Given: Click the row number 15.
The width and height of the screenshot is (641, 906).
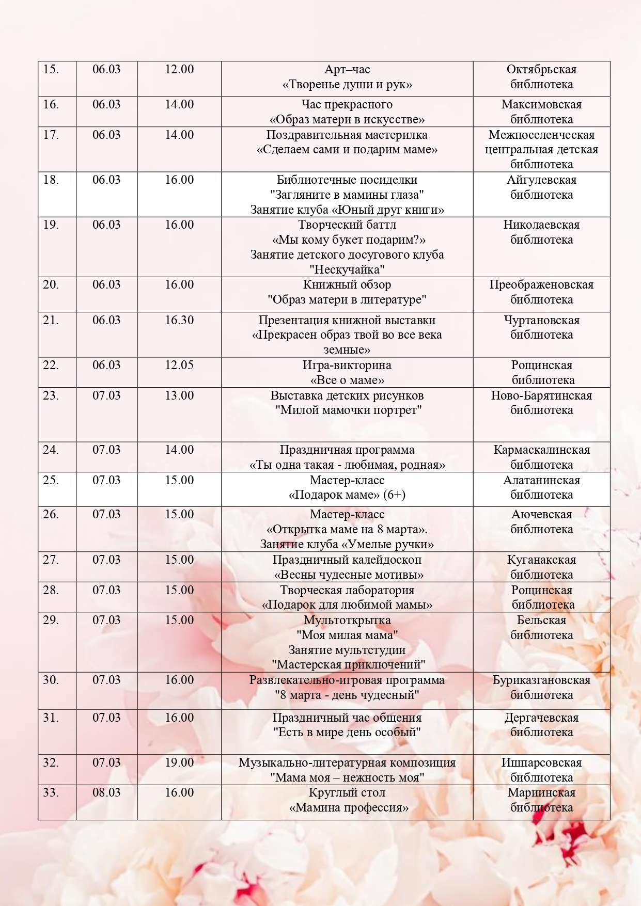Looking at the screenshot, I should click(51, 70).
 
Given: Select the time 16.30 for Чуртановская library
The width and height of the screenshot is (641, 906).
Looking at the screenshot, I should click(179, 320).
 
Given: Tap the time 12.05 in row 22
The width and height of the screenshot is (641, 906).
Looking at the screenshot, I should click(179, 365).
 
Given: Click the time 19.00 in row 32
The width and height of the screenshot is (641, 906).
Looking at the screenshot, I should click(179, 762).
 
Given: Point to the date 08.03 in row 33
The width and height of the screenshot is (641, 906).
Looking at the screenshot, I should click(106, 792).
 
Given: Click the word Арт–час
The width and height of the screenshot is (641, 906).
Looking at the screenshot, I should click(347, 70).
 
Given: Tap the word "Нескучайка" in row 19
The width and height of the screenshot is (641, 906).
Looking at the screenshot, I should click(347, 269).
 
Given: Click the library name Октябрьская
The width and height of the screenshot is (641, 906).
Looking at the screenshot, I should click(541, 70).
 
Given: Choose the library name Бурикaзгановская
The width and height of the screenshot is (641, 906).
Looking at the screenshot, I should click(541, 680).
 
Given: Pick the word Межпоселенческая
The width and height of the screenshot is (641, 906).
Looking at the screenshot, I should click(541, 135).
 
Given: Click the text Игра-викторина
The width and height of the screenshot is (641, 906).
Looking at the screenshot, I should click(347, 365).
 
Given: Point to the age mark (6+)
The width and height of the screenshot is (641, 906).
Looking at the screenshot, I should click(394, 495).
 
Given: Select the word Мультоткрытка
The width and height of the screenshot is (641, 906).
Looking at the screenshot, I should click(347, 620).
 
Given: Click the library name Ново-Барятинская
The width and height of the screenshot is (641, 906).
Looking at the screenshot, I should click(541, 395).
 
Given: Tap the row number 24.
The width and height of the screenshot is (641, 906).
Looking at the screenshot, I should click(51, 450).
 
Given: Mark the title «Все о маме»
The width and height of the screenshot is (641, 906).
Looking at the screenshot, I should click(347, 380).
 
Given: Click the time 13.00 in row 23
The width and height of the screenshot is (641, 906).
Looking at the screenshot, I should click(179, 395).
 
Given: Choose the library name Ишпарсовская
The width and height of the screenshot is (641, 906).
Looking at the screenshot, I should click(541, 762).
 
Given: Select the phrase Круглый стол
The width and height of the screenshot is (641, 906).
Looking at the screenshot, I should click(347, 792).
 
